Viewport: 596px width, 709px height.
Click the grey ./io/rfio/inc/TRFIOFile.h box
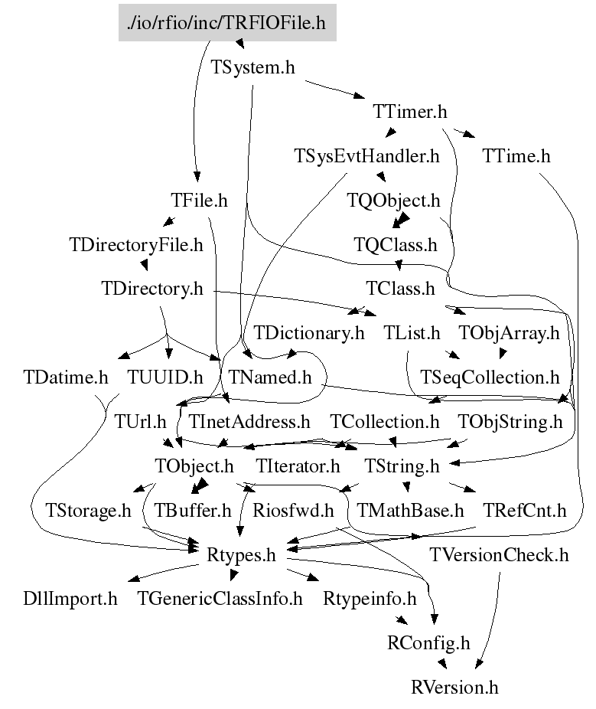pos(227,23)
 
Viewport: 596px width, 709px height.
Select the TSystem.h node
pos(252,67)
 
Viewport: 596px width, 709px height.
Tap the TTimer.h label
pos(410,111)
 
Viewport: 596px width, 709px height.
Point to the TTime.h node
pos(516,156)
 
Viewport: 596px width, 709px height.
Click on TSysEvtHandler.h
pos(366,156)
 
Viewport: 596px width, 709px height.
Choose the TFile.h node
pos(199,201)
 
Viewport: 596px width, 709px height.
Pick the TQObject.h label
pos(393,201)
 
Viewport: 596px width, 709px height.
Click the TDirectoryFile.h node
pos(136,244)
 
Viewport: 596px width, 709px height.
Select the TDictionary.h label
pos(308,333)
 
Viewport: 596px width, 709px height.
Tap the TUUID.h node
pos(165,377)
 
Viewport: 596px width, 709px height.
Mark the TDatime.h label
pos(66,377)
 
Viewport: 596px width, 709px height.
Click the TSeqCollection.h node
pos(490,377)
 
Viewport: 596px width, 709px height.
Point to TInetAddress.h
pos(249,422)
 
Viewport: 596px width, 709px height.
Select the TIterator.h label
pos(298,466)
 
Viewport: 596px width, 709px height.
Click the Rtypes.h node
pos(241,555)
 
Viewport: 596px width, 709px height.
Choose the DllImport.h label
pos(70,599)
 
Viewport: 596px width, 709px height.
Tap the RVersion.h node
pos(454,688)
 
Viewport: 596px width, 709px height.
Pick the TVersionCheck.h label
pos(499,555)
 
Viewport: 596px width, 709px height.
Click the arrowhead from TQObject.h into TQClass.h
pos(400,221)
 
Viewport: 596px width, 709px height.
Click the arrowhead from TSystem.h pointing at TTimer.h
pos(360,95)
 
